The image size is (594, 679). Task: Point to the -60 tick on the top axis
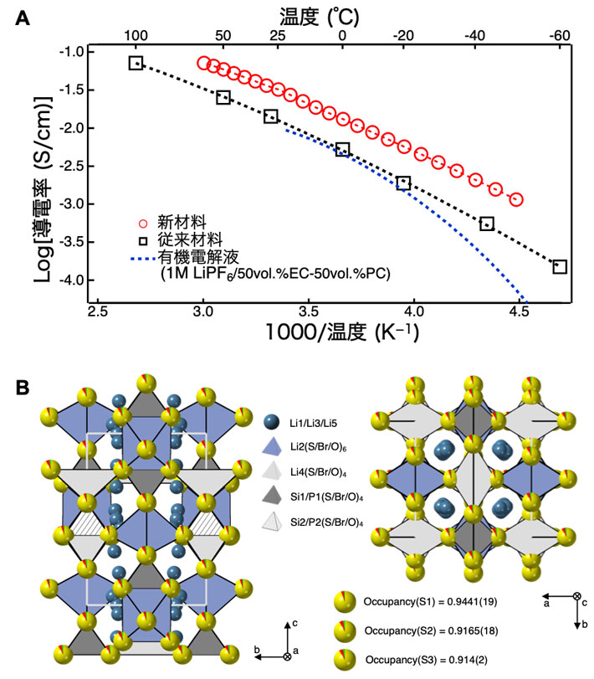[558, 37]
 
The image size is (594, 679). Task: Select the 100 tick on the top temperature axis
[136, 37]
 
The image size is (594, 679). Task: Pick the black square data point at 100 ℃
[136, 63]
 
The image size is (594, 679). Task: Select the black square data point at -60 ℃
[560, 266]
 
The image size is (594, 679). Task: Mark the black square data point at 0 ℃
[342, 149]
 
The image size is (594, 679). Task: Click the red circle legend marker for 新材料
[143, 224]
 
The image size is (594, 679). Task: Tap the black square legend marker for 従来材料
[143, 238]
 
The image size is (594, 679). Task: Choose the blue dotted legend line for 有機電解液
[143, 254]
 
